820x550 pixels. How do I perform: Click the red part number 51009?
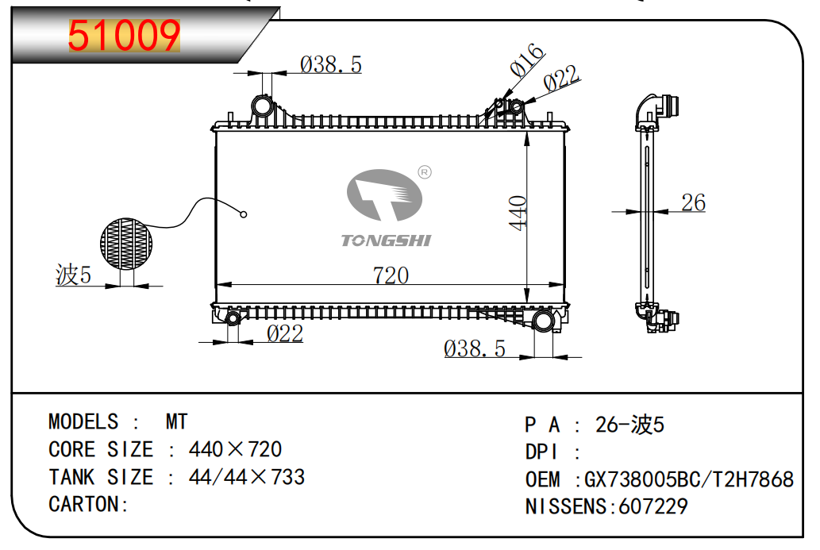pyautogui.click(x=124, y=36)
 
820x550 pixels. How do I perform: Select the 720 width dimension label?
pyautogui.click(x=391, y=275)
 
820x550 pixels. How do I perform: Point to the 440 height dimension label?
pyautogui.click(x=518, y=213)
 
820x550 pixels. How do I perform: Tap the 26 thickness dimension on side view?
pyautogui.click(x=694, y=202)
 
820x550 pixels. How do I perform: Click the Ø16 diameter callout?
pyautogui.click(x=527, y=60)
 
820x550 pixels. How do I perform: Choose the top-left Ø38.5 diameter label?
pyautogui.click(x=330, y=65)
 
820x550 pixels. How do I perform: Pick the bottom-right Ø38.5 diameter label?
pyautogui.click(x=475, y=348)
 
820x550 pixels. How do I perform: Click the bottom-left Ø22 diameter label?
pyautogui.click(x=285, y=333)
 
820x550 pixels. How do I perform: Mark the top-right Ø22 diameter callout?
pyautogui.click(x=561, y=79)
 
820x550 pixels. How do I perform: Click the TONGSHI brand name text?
pyautogui.click(x=386, y=240)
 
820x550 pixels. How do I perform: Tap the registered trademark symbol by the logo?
pyautogui.click(x=425, y=172)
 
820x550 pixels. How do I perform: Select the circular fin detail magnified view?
pyautogui.click(x=126, y=244)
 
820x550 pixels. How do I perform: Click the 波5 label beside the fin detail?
pyautogui.click(x=73, y=275)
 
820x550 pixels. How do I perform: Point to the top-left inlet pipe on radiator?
pyautogui.click(x=262, y=106)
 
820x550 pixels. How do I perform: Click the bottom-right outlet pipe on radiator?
pyautogui.click(x=543, y=320)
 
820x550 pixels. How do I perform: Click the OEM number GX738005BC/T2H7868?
pyautogui.click(x=688, y=479)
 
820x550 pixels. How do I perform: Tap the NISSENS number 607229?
pyautogui.click(x=653, y=506)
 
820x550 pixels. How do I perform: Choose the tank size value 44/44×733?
pyautogui.click(x=247, y=477)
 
